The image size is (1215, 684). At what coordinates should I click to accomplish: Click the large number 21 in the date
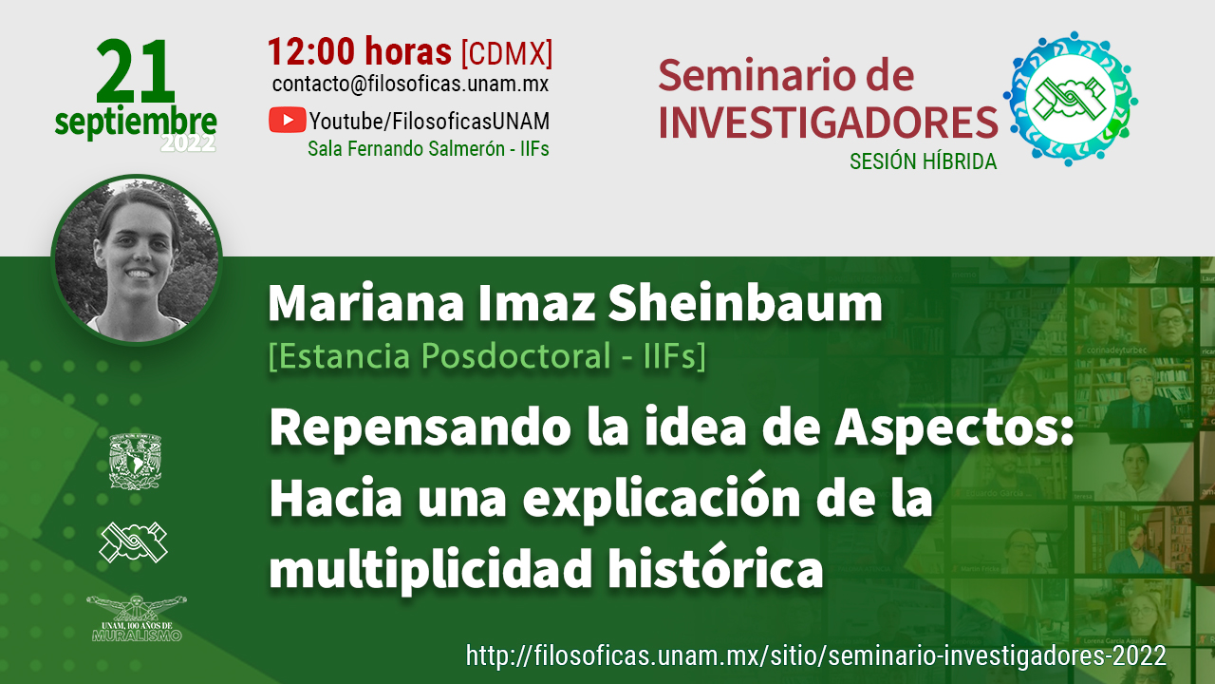click(x=136, y=71)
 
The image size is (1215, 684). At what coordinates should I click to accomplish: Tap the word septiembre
click(x=136, y=122)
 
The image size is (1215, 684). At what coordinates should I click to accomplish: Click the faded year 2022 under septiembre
click(x=188, y=143)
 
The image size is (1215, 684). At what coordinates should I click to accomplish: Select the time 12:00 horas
click(x=360, y=51)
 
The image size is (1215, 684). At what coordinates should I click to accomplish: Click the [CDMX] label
click(x=507, y=53)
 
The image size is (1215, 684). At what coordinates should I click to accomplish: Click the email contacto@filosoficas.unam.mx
click(x=411, y=85)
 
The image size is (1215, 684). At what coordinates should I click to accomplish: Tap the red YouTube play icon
click(x=287, y=120)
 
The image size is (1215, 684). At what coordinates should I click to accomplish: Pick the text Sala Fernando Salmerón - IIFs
click(x=428, y=149)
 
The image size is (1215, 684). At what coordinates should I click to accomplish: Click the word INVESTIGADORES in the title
click(x=828, y=123)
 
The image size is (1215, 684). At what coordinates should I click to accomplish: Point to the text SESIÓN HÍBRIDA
click(x=924, y=161)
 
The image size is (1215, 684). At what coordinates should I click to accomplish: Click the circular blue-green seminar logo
click(x=1070, y=99)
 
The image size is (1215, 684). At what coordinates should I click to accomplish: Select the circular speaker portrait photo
click(x=137, y=259)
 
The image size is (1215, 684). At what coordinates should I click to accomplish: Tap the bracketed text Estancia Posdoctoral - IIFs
click(x=487, y=356)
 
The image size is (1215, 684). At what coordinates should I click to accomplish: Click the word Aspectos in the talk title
click(x=954, y=428)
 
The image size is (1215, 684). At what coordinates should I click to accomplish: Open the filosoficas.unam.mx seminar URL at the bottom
click(x=815, y=655)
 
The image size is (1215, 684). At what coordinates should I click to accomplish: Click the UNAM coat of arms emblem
click(x=135, y=462)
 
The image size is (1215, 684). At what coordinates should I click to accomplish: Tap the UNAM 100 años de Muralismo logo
click(x=136, y=618)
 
